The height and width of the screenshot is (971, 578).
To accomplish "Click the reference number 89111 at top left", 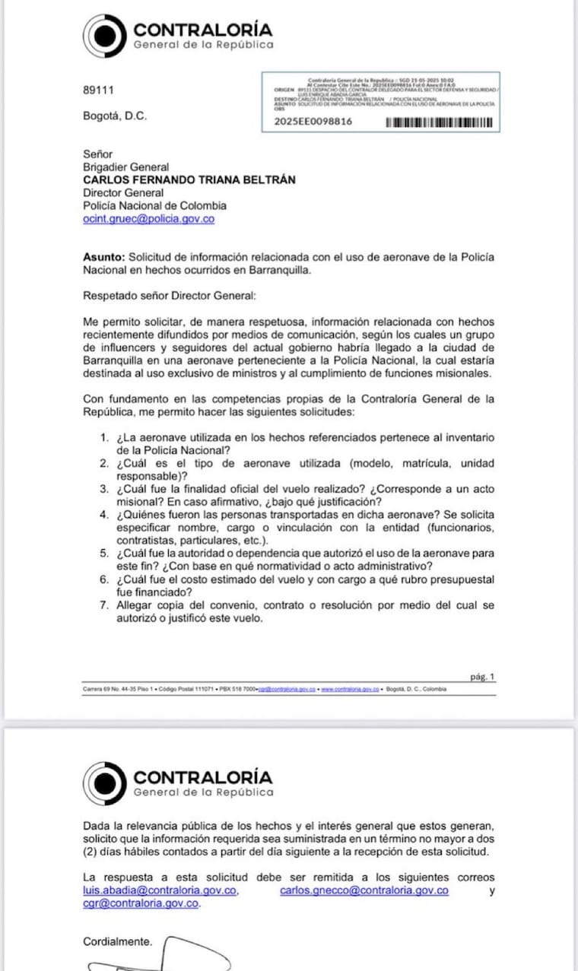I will pyautogui.click(x=98, y=90).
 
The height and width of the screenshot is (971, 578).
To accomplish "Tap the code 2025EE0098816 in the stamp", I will pyautogui.click(x=313, y=122).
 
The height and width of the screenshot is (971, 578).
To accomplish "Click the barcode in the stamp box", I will pyautogui.click(x=440, y=122).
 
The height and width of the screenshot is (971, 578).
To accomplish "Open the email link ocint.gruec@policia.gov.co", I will pyautogui.click(x=148, y=218).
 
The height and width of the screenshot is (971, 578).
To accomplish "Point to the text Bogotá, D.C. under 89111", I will pyautogui.click(x=115, y=116).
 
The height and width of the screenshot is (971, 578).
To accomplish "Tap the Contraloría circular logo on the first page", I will pyautogui.click(x=104, y=36).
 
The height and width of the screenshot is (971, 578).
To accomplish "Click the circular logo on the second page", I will pyautogui.click(x=104, y=783).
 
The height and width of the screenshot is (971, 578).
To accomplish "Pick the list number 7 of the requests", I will pyautogui.click(x=105, y=606).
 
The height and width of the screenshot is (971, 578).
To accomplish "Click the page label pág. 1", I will pyautogui.click(x=482, y=676).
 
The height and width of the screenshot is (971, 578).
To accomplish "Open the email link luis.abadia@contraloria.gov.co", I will pyautogui.click(x=160, y=890).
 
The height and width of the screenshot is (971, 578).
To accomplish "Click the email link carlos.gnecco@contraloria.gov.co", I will pyautogui.click(x=364, y=890).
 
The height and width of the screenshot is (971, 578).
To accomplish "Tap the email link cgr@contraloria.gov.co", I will pyautogui.click(x=141, y=903).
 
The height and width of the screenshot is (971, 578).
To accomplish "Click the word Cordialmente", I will pyautogui.click(x=117, y=941).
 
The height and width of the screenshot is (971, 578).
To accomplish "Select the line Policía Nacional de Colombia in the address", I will pyautogui.click(x=154, y=205).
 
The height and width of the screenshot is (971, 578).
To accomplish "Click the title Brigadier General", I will pyautogui.click(x=125, y=167).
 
